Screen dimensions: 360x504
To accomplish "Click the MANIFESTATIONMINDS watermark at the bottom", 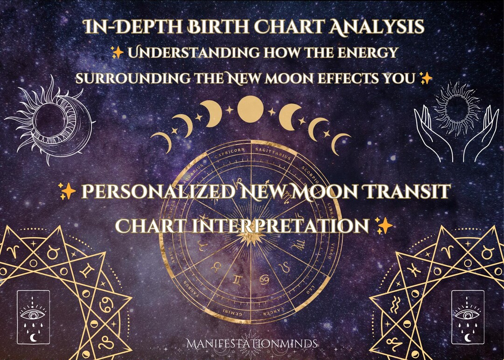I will click(252, 344).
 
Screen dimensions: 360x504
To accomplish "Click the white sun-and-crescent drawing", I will click(50, 120).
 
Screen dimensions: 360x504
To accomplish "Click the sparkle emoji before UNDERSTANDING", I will click(118, 53).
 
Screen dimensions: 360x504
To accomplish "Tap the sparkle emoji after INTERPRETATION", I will click(384, 226).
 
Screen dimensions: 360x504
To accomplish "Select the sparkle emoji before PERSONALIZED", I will click(68, 191).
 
